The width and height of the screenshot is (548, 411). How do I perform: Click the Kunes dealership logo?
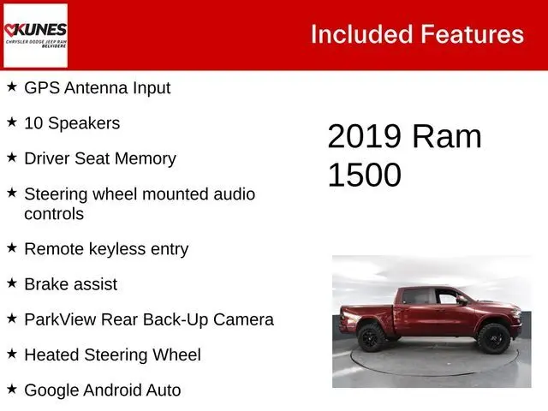click(x=35, y=35)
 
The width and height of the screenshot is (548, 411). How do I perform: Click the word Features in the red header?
click(x=472, y=34)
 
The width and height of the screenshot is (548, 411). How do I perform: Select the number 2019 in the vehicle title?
click(x=364, y=136)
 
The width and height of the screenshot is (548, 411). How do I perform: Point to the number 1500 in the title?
click(x=364, y=175)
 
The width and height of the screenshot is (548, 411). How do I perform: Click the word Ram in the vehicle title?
click(x=447, y=136)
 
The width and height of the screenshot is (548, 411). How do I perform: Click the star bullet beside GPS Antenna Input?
click(x=12, y=86)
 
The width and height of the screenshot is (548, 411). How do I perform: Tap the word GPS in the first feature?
click(x=42, y=87)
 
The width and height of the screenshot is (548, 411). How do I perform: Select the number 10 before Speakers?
click(x=33, y=123)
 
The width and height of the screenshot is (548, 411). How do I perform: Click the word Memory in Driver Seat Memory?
click(x=146, y=159)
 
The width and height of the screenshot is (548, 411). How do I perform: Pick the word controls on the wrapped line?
click(x=54, y=214)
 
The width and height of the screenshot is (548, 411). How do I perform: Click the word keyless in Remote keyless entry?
click(x=117, y=249)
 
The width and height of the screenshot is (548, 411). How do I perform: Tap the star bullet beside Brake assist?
click(x=12, y=283)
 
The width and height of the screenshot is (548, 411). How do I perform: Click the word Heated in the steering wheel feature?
click(x=51, y=354)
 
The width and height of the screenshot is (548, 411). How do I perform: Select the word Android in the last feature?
click(x=112, y=390)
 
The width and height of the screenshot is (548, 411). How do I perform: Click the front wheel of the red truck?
click(x=494, y=338)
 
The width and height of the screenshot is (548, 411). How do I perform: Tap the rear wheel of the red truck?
click(x=372, y=337)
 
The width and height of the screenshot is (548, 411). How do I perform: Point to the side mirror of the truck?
click(x=462, y=300)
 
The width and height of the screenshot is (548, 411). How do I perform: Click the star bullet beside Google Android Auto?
click(x=12, y=389)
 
